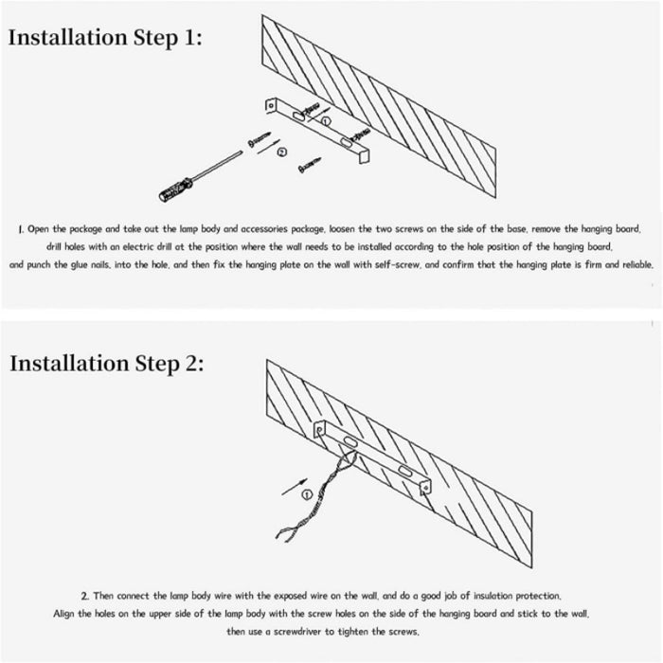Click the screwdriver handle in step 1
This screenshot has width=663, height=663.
[x=175, y=190]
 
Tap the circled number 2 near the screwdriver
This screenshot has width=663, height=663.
[x=282, y=152]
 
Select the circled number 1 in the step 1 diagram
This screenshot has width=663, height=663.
[x=326, y=121]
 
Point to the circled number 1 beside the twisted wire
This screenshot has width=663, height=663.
[x=307, y=494]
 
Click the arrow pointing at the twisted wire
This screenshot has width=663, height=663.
[x=295, y=486]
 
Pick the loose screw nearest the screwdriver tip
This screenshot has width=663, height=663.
[x=259, y=139]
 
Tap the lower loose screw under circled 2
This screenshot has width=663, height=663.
[x=310, y=165]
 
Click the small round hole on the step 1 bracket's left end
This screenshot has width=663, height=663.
[x=271, y=104]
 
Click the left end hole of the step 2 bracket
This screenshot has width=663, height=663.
[x=319, y=430]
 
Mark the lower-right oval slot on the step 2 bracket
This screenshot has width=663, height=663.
[x=404, y=471]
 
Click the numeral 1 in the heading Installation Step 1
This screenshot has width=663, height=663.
[x=188, y=37]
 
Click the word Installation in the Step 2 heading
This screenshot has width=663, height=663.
[x=69, y=363]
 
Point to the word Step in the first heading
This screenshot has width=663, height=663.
[x=156, y=39]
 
